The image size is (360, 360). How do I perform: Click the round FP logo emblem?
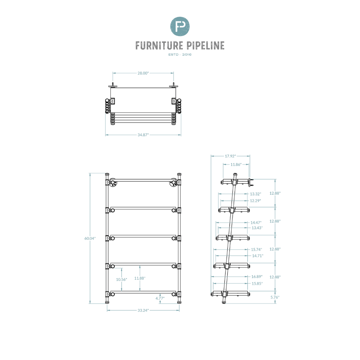pyautogui.click(x=180, y=26)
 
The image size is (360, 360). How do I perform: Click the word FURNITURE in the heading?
pyautogui.click(x=159, y=45)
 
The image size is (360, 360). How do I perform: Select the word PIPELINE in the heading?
pyautogui.click(x=205, y=45)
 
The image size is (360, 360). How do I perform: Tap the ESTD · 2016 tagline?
pyautogui.click(x=180, y=54)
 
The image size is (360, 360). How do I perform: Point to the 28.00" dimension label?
pyautogui.click(x=143, y=73)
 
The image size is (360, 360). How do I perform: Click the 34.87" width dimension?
pyautogui.click(x=143, y=135)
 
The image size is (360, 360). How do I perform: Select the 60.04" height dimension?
pyautogui.click(x=90, y=238)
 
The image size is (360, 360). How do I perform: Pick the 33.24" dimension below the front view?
pyautogui.click(x=143, y=310)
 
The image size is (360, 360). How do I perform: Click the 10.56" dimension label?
pyautogui.click(x=121, y=279)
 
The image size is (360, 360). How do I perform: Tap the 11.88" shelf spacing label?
pyautogui.click(x=140, y=278)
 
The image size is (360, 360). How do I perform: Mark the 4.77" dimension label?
pyautogui.click(x=160, y=298)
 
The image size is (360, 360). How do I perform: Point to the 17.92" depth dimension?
pyautogui.click(x=230, y=156)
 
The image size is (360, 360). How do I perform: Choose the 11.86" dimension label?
pyautogui.click(x=236, y=165)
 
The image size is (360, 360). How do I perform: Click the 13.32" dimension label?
pyautogui.click(x=256, y=194)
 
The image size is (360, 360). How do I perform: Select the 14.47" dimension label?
pyautogui.click(x=256, y=223)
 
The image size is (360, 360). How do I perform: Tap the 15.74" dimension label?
pyautogui.click(x=256, y=249)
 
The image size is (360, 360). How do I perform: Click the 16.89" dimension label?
pyautogui.click(x=257, y=277)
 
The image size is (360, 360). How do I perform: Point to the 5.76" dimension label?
pyautogui.click(x=275, y=297)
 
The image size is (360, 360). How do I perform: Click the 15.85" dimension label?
pyautogui.click(x=257, y=284)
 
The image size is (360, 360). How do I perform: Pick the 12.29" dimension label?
pyautogui.click(x=256, y=201)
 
